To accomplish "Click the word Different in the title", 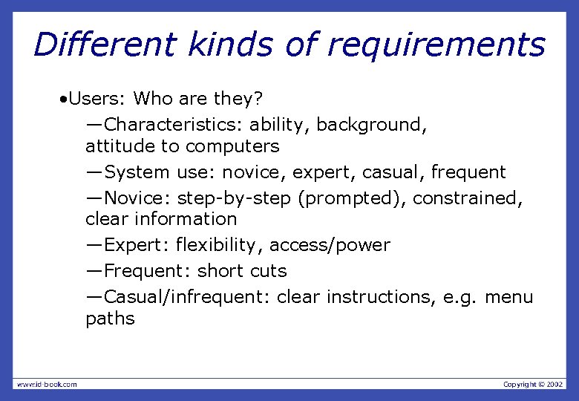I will [104, 45].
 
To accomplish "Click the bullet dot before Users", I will [65, 99].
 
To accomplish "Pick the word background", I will [371, 124].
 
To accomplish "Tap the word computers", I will [232, 146].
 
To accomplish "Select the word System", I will [137, 172].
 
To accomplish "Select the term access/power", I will [330, 245].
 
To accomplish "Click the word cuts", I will [269, 271].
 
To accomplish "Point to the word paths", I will [110, 319].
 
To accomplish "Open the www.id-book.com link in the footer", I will [47, 384].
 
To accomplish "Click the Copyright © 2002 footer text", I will [533, 384].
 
